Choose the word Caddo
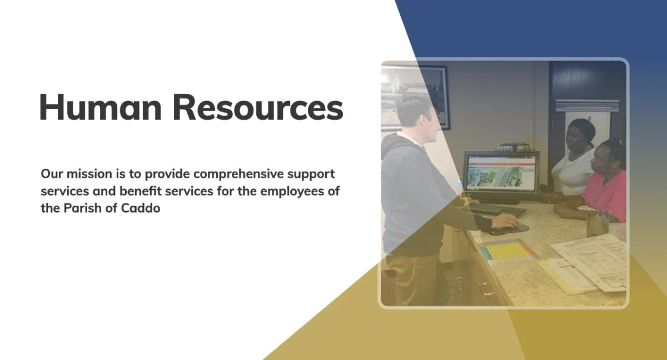[x=141, y=208]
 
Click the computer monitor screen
[x=501, y=173]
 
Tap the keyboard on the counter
[x=497, y=209]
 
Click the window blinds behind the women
[x=586, y=106]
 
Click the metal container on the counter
[x=598, y=224]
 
